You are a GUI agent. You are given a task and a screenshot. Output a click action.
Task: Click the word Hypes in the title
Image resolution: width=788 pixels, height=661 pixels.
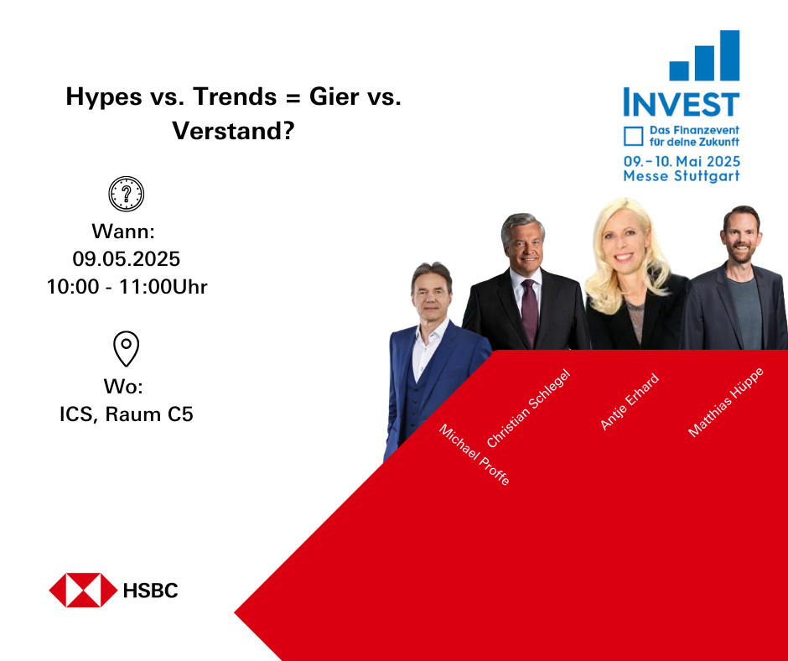104,97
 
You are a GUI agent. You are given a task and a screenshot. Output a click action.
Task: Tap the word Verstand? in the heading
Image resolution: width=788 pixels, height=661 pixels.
233,131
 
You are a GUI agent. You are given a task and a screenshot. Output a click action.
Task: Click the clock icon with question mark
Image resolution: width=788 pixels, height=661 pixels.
126,194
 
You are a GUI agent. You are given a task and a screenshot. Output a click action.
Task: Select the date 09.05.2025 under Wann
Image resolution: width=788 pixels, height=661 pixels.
126,259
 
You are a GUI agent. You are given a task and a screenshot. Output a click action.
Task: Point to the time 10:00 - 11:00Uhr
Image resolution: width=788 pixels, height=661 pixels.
127,287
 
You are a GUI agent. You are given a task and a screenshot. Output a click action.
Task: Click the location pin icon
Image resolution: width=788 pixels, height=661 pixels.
126,348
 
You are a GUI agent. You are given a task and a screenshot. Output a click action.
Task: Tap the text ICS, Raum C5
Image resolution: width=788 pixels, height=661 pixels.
126,414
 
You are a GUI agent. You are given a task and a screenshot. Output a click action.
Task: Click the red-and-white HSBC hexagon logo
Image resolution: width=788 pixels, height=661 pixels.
83,590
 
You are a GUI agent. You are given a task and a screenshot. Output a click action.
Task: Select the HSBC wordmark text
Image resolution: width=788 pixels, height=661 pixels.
150,591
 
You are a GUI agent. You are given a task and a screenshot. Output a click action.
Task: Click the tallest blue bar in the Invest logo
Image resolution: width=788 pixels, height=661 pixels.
729,55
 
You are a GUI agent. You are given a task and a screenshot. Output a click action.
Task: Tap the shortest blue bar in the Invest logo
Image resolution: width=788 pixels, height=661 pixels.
679,71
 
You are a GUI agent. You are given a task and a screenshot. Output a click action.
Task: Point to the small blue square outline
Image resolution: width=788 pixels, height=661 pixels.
633,137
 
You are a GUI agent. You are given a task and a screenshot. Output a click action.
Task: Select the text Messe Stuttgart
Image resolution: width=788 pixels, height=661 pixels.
682,176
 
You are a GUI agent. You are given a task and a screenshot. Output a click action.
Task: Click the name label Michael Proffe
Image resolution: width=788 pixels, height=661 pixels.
474,455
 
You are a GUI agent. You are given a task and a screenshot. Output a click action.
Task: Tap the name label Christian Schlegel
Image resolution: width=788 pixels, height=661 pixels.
529,408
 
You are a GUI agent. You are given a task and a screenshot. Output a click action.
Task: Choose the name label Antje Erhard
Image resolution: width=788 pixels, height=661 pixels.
630,402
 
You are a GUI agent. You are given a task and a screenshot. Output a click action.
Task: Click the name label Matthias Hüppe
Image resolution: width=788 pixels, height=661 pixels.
726,402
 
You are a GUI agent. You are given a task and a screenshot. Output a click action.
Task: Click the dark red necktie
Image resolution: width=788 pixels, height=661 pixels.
529,313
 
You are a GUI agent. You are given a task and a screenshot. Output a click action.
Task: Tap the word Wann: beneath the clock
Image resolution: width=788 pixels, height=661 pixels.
123,232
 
